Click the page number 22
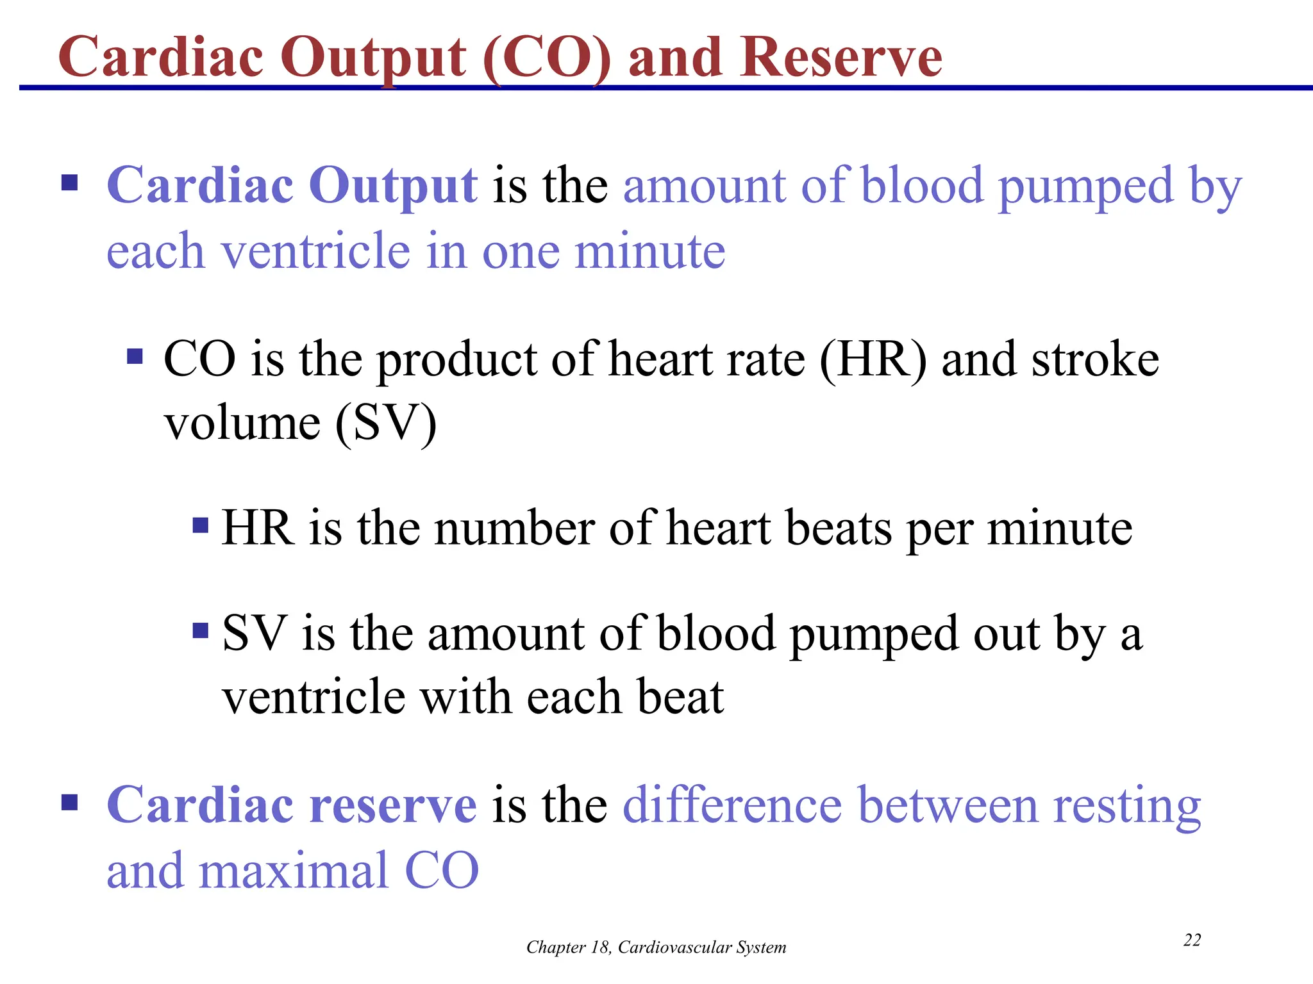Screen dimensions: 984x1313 [1192, 940]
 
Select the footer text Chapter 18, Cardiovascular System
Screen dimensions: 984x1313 [656, 947]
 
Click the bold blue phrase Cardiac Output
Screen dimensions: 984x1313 [292, 186]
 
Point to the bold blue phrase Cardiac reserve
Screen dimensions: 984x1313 [292, 805]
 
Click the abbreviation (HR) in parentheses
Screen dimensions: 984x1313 [873, 359]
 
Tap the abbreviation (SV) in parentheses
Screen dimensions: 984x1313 [386, 423]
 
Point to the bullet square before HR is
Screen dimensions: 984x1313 [201, 526]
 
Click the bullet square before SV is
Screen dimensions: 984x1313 [201, 631]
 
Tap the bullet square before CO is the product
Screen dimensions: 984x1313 [135, 356]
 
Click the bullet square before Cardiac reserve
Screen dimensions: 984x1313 [69, 803]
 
